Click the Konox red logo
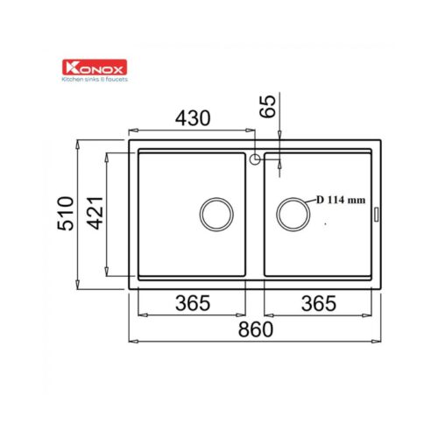(x=95, y=67)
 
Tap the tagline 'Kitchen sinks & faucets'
(x=95, y=79)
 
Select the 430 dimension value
(x=193, y=118)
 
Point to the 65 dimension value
(x=268, y=106)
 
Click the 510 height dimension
(x=66, y=214)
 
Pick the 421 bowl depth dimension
(x=95, y=214)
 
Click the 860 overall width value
(x=256, y=329)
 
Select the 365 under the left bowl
(x=193, y=303)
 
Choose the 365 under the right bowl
(x=319, y=303)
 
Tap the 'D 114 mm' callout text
(x=341, y=200)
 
